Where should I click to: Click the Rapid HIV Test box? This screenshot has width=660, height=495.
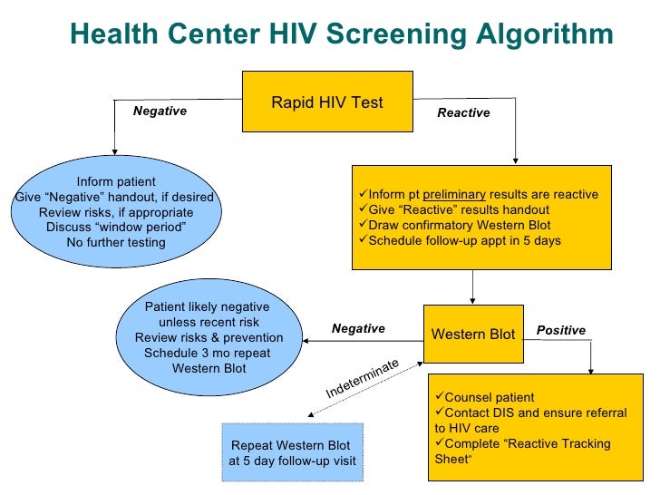click(326, 102)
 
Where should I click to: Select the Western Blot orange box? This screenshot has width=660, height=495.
click(472, 334)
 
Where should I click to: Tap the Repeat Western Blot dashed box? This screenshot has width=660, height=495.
click(292, 453)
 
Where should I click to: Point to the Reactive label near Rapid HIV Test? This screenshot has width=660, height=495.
click(463, 113)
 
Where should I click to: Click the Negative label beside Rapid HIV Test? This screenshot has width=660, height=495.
click(160, 111)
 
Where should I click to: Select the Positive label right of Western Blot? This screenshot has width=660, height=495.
click(561, 331)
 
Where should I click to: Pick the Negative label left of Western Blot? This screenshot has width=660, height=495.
click(358, 329)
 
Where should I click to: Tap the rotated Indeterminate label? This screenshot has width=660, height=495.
click(363, 378)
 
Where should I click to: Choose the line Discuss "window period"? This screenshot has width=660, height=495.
click(116, 227)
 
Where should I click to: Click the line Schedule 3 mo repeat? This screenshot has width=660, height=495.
click(209, 354)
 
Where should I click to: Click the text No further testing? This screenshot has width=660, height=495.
click(116, 242)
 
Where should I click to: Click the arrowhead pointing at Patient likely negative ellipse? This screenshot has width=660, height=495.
click(307, 341)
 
